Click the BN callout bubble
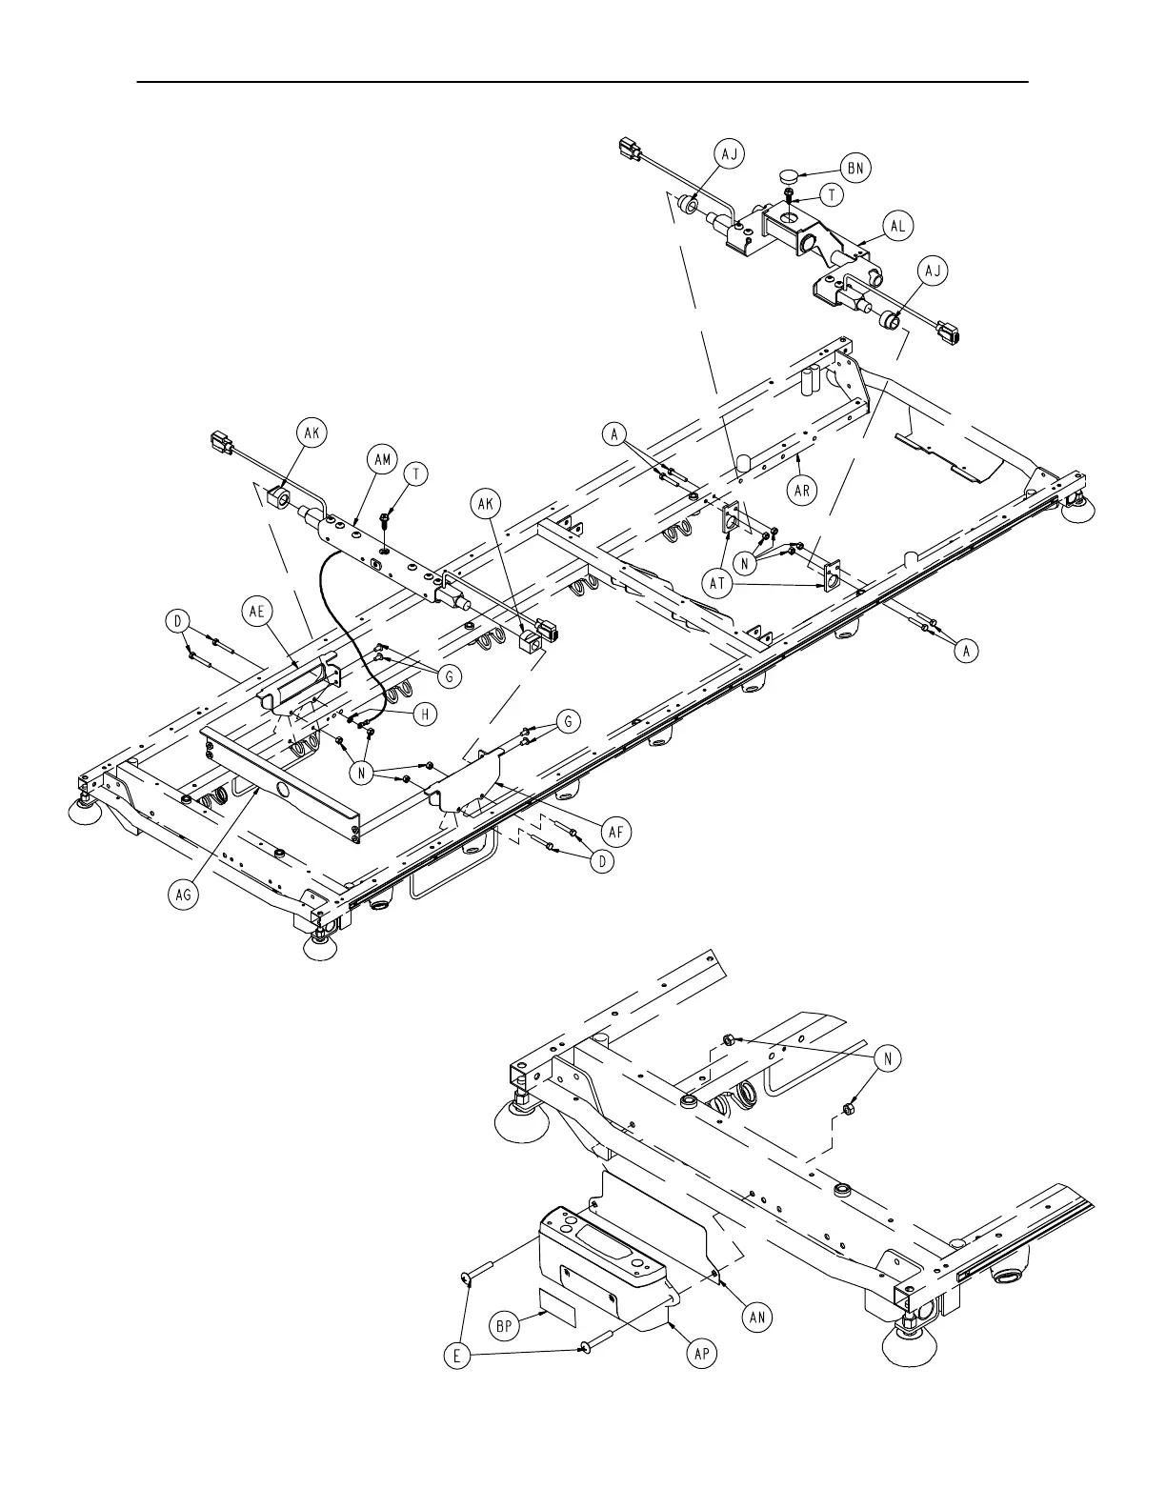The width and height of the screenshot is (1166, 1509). click(855, 169)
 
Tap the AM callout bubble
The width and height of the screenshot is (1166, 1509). click(381, 459)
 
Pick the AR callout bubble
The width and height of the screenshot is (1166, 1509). click(802, 491)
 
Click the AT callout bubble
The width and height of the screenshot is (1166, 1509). click(719, 584)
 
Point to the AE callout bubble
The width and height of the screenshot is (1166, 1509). click(257, 614)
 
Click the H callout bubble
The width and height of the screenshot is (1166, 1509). click(425, 713)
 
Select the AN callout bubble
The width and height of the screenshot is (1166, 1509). click(758, 1317)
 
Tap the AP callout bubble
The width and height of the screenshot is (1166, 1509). click(702, 1354)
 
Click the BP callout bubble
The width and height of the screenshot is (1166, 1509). click(506, 1325)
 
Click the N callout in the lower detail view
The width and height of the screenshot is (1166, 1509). click(889, 1059)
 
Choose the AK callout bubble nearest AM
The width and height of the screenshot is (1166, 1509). click(312, 433)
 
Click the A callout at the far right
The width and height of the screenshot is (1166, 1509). click(966, 651)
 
